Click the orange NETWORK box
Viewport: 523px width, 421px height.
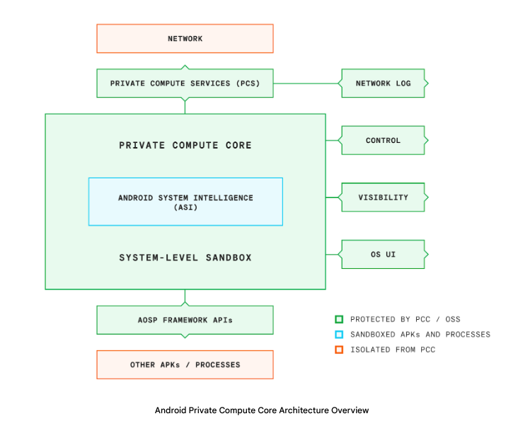(x=185, y=38)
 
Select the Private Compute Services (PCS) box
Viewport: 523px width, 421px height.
(x=185, y=83)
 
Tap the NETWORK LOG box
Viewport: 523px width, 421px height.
(x=383, y=83)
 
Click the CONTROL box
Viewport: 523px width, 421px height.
(x=383, y=141)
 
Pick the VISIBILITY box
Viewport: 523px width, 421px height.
(x=383, y=197)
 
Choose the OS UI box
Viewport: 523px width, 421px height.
(x=383, y=254)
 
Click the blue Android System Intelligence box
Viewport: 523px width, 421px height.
(x=185, y=202)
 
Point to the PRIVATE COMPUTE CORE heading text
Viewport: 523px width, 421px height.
(x=185, y=145)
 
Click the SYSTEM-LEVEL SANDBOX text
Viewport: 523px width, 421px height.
(x=185, y=258)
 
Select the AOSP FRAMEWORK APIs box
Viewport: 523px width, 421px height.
(x=185, y=320)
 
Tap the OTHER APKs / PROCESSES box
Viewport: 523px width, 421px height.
(x=185, y=364)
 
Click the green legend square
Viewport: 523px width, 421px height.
(x=340, y=319)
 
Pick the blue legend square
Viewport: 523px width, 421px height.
(x=340, y=334)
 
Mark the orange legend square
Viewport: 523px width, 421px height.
(x=340, y=350)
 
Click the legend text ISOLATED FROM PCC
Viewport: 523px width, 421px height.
(x=393, y=350)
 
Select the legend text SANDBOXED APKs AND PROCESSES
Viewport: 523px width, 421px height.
(x=420, y=334)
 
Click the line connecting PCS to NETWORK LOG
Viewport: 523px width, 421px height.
(x=307, y=83)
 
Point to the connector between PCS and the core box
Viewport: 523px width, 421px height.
(x=185, y=105)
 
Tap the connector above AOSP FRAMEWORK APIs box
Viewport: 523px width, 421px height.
(x=185, y=297)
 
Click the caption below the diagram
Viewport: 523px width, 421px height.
(x=261, y=410)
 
